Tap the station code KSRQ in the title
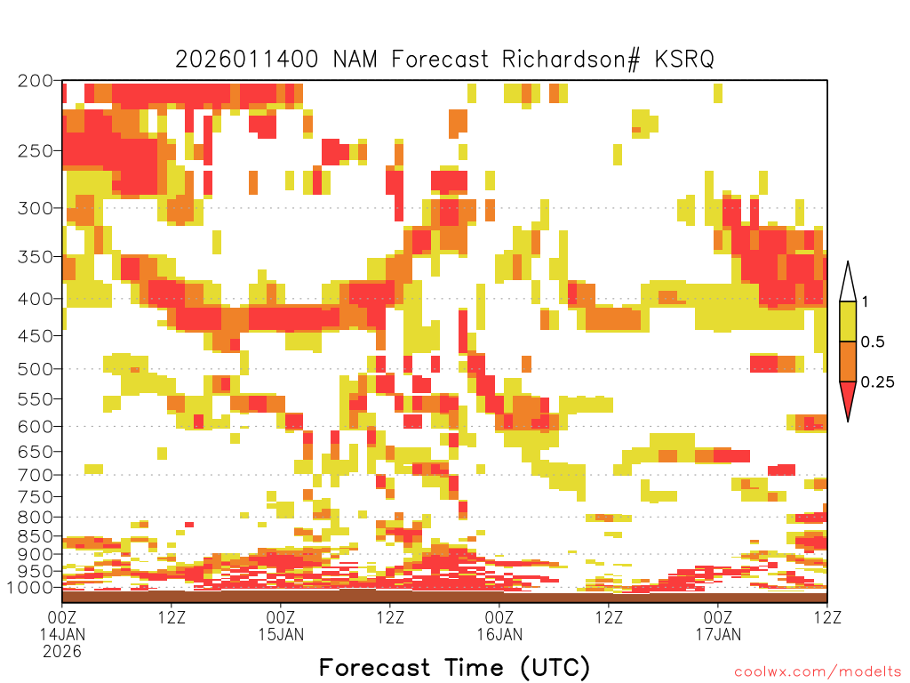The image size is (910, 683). pos(684,60)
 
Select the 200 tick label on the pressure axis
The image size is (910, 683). pos(36,81)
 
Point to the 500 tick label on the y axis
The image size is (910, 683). pos(36,369)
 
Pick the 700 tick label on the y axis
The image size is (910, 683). pos(36,475)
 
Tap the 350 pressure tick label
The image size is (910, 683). pos(36,257)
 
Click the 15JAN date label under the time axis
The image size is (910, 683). pos(281,634)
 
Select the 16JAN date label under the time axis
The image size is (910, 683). pos(499,634)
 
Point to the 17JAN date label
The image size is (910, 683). pos(718,634)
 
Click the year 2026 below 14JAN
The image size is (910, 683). pos(62,652)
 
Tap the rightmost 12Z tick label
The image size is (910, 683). pos(826,617)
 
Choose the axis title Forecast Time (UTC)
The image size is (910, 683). pos(454,668)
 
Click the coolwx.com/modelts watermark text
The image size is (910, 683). pos(818,672)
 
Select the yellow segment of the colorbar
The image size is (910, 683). pos(848,321)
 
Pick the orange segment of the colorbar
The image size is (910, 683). pos(848,361)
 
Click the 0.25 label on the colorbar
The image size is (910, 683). pos(877,382)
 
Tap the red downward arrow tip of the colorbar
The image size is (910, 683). pos(848,421)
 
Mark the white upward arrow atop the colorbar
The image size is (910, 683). pos(848,281)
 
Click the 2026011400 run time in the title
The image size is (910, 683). pos(247,60)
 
